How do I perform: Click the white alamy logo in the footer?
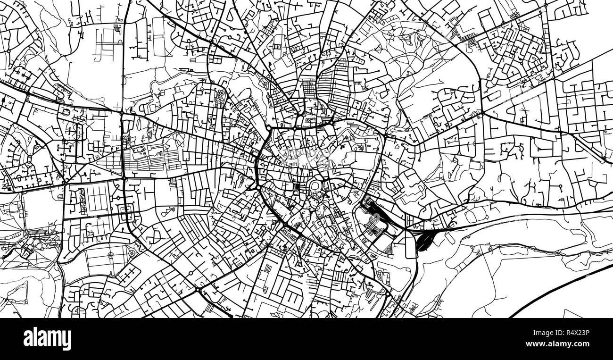coord(47,339)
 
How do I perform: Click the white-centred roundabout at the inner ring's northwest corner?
coord(268,128)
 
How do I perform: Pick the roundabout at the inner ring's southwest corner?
coord(259,188)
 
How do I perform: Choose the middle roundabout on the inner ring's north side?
coord(294,128)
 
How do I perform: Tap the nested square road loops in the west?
coord(125,214)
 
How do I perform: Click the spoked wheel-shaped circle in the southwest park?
coord(110,255)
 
